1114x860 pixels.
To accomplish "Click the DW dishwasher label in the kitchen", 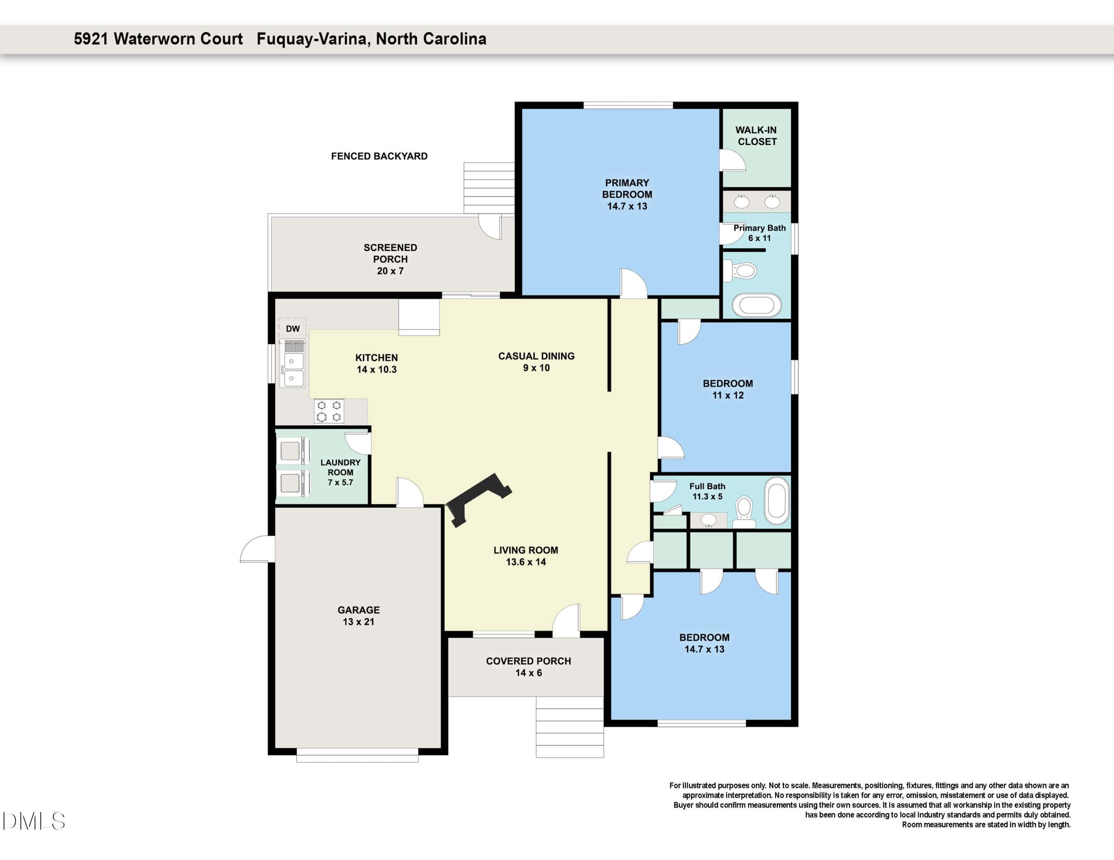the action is point(293,329).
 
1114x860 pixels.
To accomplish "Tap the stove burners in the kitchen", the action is point(329,411).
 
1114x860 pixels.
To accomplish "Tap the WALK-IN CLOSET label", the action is point(757,136).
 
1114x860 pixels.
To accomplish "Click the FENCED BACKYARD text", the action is point(379,157).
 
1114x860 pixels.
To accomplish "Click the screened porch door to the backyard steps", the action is point(490,227).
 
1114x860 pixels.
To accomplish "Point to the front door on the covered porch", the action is point(567,620).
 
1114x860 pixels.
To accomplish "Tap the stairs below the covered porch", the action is point(570,727).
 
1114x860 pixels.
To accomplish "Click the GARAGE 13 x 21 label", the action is point(359,616).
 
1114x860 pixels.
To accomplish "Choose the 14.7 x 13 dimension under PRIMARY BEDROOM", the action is point(627,207).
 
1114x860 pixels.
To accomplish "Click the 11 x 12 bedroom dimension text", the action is point(728,396).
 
